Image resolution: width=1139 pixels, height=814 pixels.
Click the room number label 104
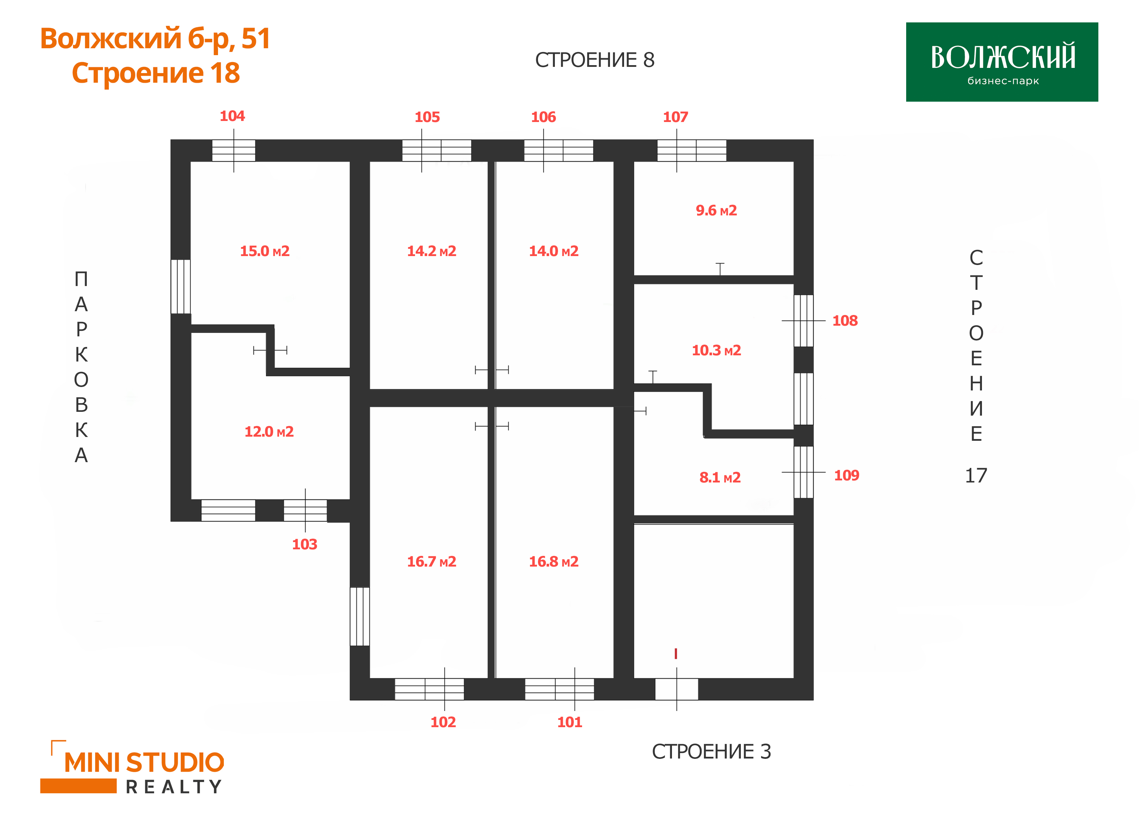coord(232,116)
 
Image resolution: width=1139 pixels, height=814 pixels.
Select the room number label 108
coord(845,321)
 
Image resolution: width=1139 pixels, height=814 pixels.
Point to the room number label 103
coord(304,545)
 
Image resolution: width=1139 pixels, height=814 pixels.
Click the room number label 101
coord(570,722)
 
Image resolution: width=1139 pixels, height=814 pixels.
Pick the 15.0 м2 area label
coord(265,251)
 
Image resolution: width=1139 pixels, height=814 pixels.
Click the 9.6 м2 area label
coord(716,211)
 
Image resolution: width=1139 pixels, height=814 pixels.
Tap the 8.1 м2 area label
coord(720,478)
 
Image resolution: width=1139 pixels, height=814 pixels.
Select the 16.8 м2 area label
coord(553,562)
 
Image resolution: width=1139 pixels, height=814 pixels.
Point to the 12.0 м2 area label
coord(269,431)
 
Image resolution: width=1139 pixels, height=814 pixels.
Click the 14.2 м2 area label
coord(432,251)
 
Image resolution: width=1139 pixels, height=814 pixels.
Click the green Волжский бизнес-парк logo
coord(1002,62)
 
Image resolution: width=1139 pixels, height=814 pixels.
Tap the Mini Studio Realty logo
coord(132,767)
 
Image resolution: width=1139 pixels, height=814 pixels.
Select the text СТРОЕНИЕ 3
coord(711,752)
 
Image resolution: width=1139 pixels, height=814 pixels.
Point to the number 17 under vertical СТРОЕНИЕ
coord(976,476)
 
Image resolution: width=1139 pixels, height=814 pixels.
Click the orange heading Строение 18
coord(156,73)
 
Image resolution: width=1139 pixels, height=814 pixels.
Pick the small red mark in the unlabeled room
coord(676,654)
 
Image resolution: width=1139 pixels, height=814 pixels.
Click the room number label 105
coord(427,117)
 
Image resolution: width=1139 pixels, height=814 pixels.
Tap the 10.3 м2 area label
coord(716,350)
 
